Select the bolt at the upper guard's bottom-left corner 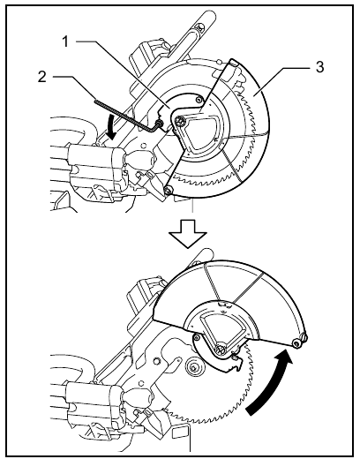[x=168, y=191]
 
